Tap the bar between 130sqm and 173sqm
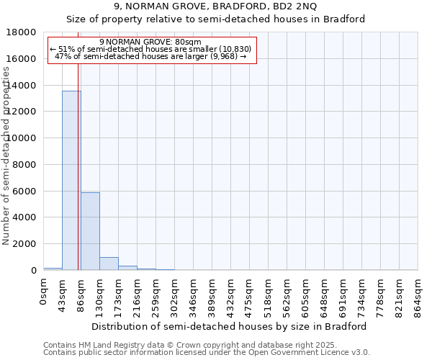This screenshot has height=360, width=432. coord(109,264)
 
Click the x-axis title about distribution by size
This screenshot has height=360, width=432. coord(230,326)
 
